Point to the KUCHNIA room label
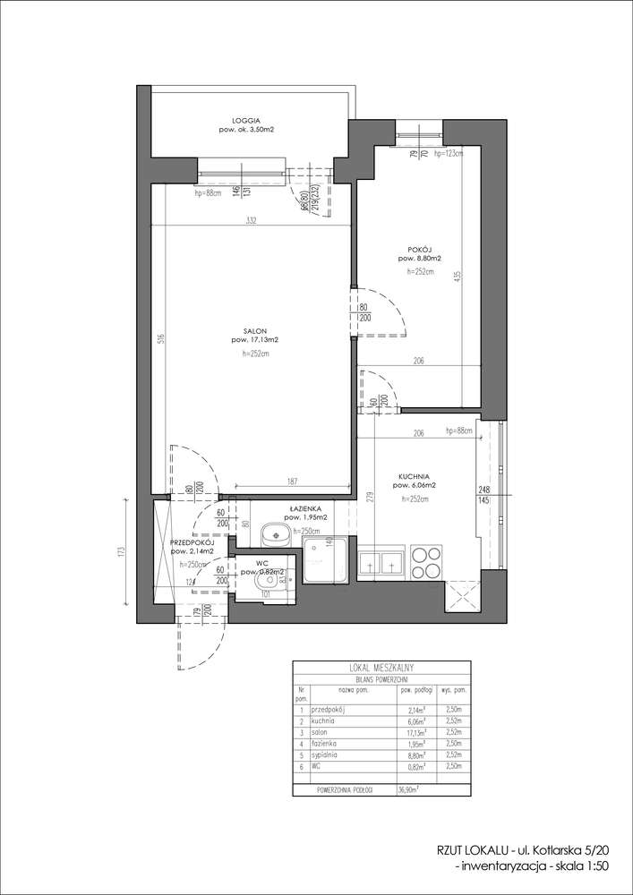416,476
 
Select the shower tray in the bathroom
324,563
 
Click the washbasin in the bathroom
274,536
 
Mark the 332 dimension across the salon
253,222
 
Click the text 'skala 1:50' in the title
581,867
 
